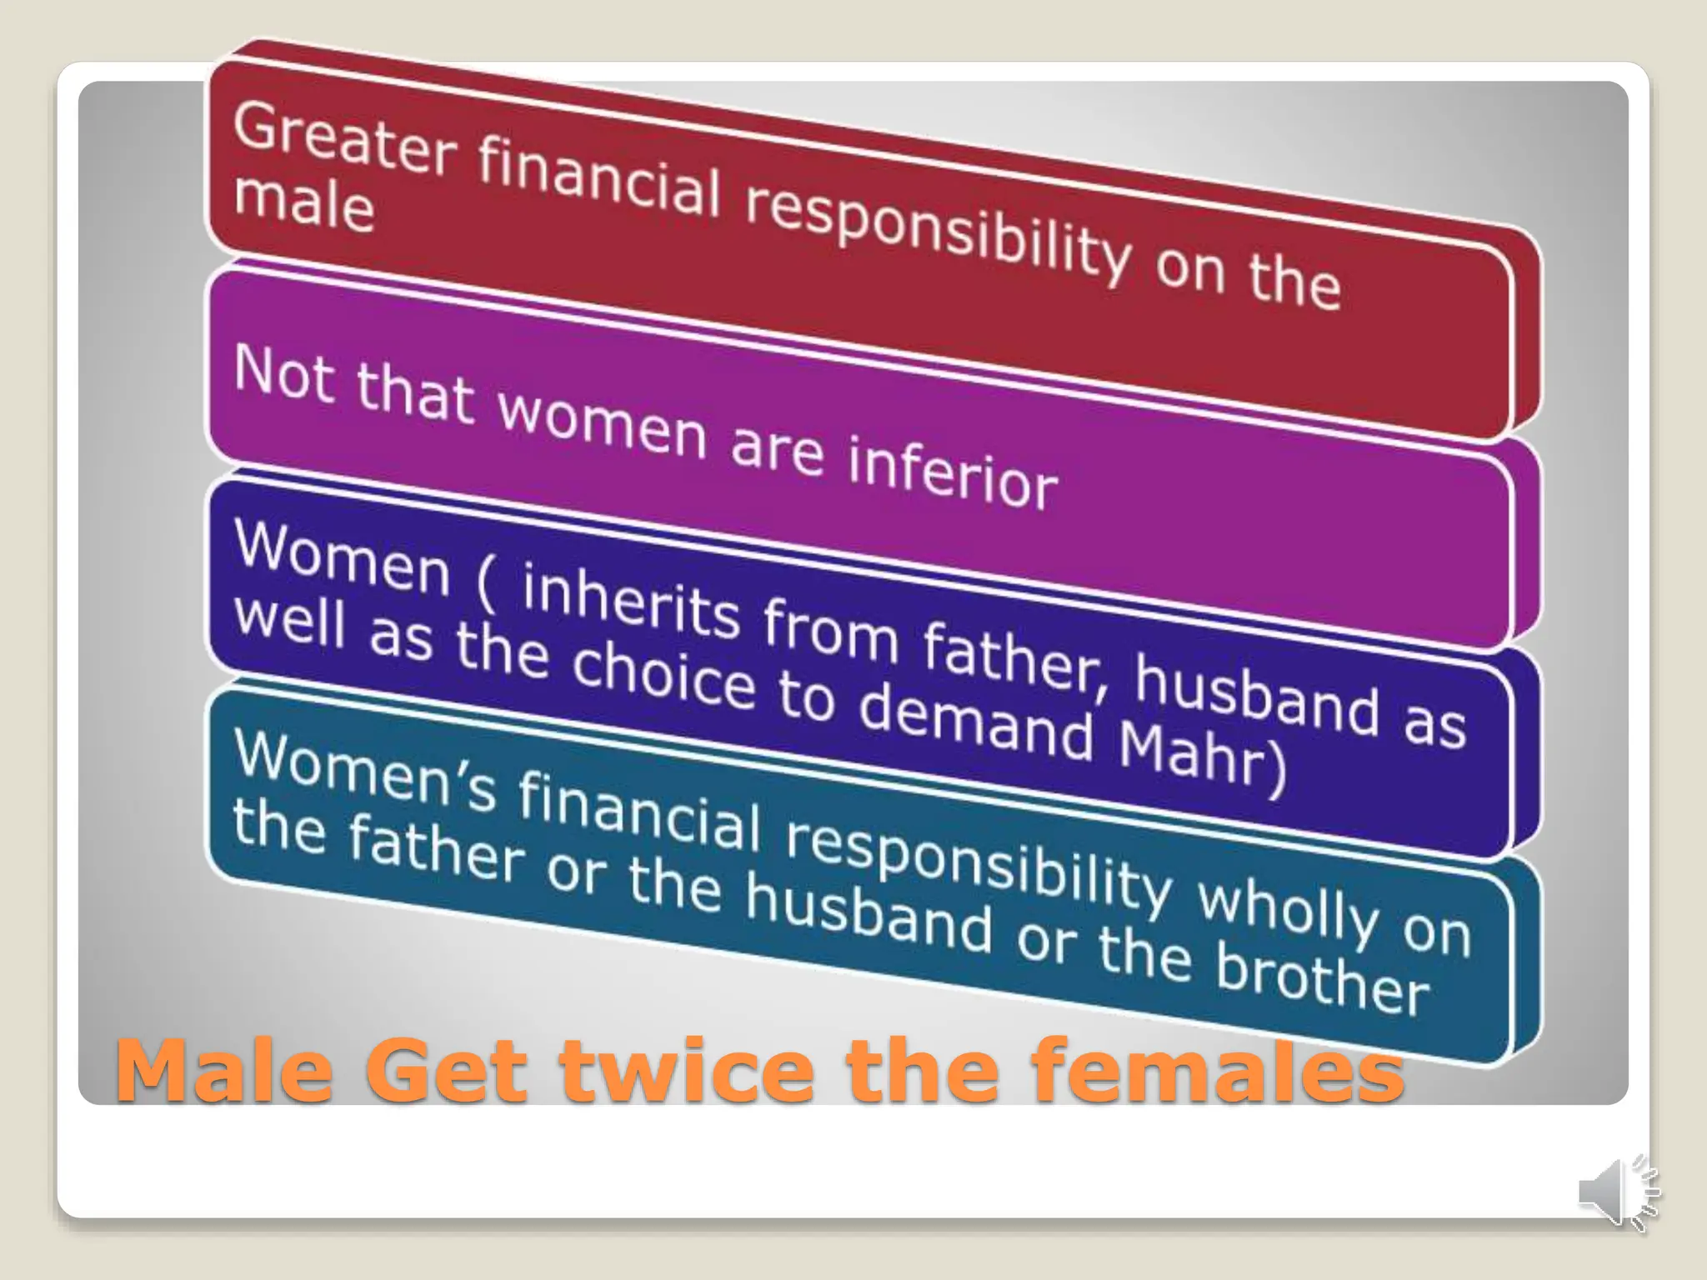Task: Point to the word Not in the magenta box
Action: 284,375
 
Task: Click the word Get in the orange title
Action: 446,1070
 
